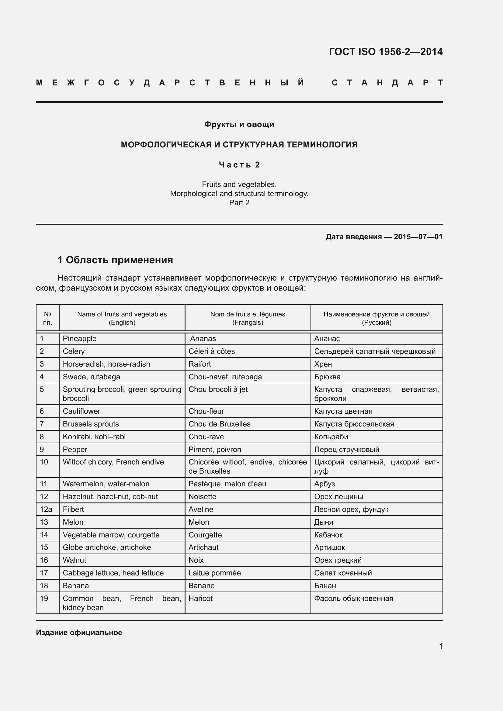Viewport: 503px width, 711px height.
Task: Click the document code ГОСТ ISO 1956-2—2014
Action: click(x=386, y=52)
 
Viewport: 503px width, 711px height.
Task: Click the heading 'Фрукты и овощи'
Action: click(x=239, y=125)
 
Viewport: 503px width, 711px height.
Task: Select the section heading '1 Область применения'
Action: click(x=115, y=260)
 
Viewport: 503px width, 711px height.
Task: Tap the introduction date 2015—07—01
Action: click(x=418, y=237)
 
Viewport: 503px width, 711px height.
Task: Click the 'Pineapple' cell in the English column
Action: click(x=80, y=338)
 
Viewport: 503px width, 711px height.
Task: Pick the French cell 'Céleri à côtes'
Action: click(x=212, y=351)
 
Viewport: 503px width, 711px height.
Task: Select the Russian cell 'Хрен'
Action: click(x=323, y=364)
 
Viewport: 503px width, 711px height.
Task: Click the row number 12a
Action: click(x=46, y=509)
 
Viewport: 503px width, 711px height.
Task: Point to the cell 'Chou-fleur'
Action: click(x=206, y=411)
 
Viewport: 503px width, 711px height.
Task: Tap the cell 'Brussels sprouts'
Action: click(x=91, y=424)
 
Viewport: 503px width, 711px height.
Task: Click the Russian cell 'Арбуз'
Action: click(x=324, y=484)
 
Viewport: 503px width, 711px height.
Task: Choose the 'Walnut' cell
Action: click(x=74, y=560)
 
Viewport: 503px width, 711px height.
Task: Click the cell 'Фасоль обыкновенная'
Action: click(x=353, y=598)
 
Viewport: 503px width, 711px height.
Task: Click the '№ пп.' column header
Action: click(x=47, y=318)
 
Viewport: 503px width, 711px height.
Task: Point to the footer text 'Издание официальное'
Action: click(x=79, y=632)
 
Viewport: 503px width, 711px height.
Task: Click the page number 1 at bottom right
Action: click(x=440, y=646)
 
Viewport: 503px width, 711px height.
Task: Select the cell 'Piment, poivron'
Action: click(x=215, y=449)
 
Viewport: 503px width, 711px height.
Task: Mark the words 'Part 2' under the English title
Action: click(x=239, y=202)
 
